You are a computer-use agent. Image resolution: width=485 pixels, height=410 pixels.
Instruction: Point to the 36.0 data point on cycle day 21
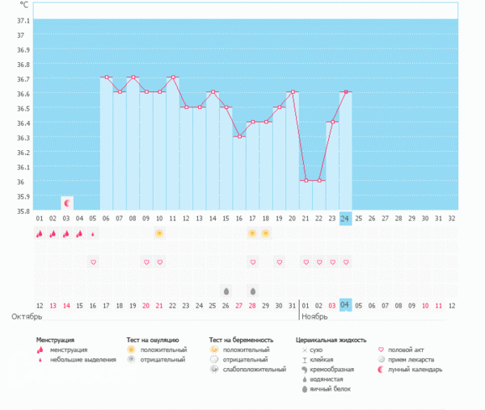tap(306, 180)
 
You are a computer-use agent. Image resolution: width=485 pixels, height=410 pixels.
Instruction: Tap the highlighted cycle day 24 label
tap(345, 218)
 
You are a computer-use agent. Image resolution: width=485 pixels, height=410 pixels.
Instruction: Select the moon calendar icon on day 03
tap(67, 203)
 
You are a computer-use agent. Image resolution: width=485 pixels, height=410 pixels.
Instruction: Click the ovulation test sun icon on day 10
tap(159, 233)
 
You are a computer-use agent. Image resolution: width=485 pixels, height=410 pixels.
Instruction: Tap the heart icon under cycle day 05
tap(93, 262)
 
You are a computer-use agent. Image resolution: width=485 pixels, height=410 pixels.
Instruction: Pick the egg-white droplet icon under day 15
tap(226, 291)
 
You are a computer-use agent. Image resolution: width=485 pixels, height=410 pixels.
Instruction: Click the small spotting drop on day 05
tap(93, 234)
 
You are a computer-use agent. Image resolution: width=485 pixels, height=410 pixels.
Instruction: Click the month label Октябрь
tap(26, 316)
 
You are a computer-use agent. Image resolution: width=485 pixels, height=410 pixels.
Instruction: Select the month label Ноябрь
tap(315, 316)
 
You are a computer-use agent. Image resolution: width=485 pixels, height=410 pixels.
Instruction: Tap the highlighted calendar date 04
tap(345, 304)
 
